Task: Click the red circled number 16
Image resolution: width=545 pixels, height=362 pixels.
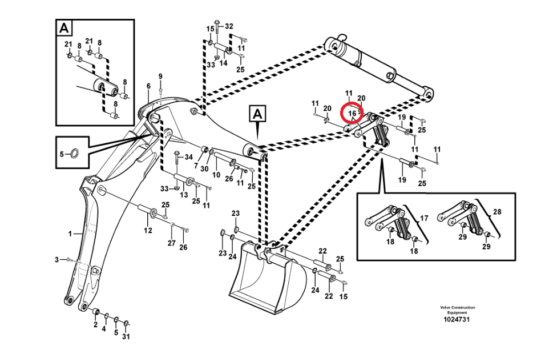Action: (352, 114)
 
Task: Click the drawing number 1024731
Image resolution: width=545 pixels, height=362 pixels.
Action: (457, 320)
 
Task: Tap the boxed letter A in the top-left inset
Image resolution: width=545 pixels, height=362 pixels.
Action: (64, 28)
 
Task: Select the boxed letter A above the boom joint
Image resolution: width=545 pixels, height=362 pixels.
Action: (257, 114)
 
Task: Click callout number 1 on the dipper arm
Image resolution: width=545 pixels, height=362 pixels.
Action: (71, 234)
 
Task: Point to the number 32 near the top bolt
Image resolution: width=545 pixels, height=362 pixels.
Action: (229, 26)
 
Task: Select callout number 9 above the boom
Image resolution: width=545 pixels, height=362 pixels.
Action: (160, 77)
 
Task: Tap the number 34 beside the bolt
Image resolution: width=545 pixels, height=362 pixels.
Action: (189, 156)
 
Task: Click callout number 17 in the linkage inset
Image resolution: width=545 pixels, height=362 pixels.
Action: (424, 218)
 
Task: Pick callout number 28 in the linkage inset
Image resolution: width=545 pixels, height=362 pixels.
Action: (497, 212)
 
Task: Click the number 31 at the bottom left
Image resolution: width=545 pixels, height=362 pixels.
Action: (126, 336)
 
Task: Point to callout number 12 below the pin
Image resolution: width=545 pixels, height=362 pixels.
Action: (148, 231)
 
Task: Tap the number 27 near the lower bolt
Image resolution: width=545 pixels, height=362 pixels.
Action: (171, 243)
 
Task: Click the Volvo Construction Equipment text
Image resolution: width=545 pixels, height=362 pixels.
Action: (457, 310)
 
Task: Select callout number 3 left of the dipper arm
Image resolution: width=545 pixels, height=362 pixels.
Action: (57, 260)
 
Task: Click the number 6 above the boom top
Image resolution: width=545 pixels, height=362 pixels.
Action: (148, 86)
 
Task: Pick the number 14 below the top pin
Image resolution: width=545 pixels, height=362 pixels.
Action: (223, 63)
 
